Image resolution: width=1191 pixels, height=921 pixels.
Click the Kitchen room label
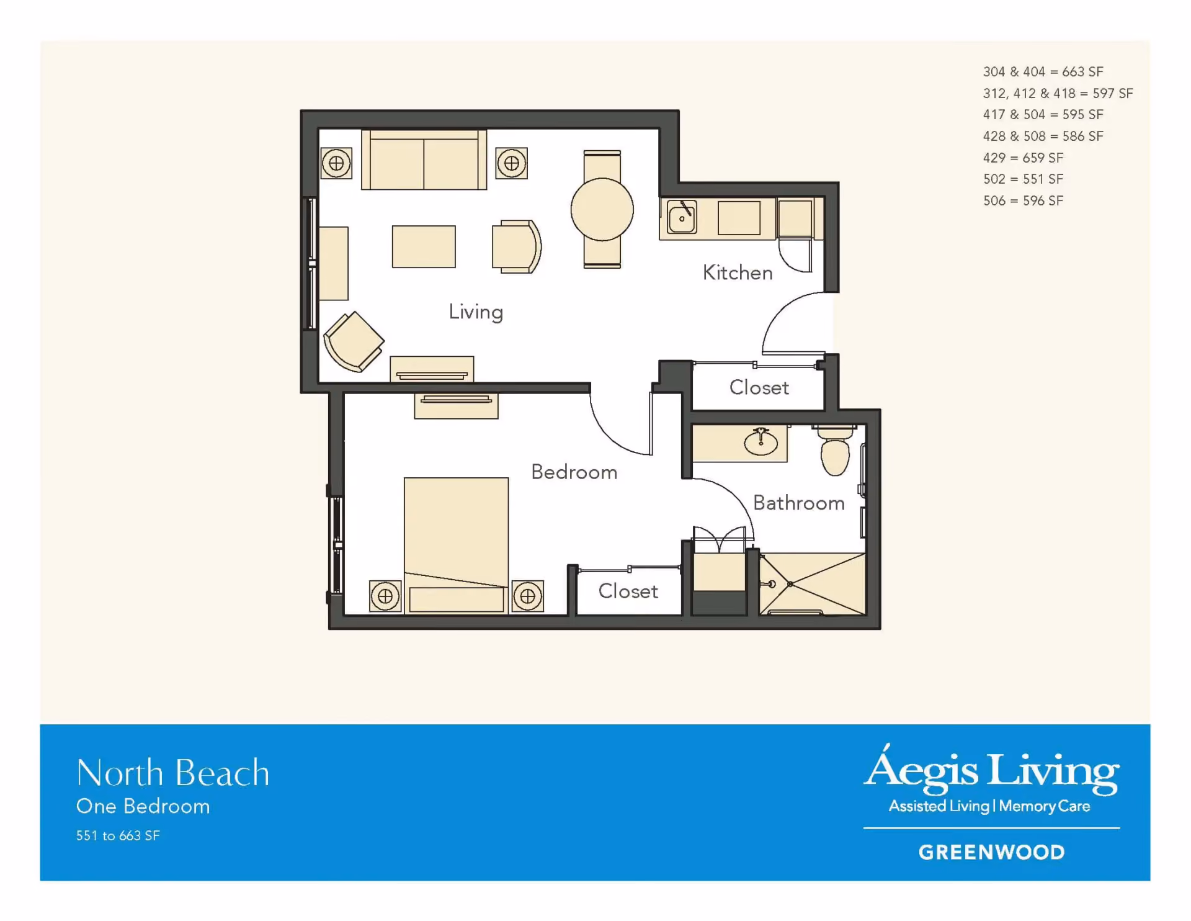tap(738, 272)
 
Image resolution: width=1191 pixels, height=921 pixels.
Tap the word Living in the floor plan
tap(476, 312)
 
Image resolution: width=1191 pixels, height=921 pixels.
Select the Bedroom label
tap(574, 472)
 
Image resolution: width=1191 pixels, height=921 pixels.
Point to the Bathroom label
tap(799, 503)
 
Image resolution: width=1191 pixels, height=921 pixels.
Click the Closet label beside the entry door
tap(759, 387)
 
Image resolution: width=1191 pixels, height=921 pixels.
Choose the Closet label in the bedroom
tap(628, 591)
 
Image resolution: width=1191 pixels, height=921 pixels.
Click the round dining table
tap(602, 209)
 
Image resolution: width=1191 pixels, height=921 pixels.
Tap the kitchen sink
tap(682, 217)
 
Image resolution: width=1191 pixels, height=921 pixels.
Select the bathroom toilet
tap(835, 450)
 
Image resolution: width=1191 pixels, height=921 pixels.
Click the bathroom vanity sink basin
tap(761, 442)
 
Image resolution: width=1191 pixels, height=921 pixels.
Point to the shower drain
tap(790, 584)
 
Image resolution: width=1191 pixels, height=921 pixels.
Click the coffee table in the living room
tap(424, 246)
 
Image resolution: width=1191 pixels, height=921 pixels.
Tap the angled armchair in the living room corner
tap(354, 342)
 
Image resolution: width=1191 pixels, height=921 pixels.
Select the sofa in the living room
tap(424, 159)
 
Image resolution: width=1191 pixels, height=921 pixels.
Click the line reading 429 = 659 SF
tap(1023, 158)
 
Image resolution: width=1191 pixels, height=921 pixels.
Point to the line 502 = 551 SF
tap(1023, 179)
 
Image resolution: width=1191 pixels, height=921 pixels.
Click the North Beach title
tap(173, 773)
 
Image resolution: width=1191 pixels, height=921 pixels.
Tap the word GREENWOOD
tap(991, 852)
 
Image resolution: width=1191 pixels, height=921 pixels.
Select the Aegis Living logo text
tap(991, 770)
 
